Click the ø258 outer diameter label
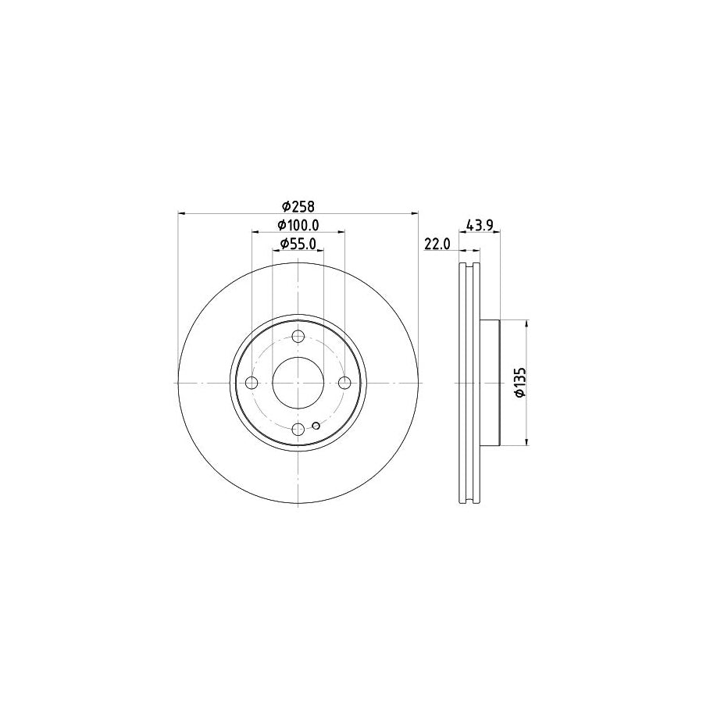tap(298, 206)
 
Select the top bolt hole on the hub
tap(298, 337)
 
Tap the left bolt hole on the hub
tap(252, 383)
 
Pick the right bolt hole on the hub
tap(344, 383)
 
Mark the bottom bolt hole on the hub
tap(298, 429)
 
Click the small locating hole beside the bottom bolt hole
tap(315, 426)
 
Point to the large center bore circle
tap(298, 383)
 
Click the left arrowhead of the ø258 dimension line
tap(183, 213)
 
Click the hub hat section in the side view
tap(489, 383)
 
